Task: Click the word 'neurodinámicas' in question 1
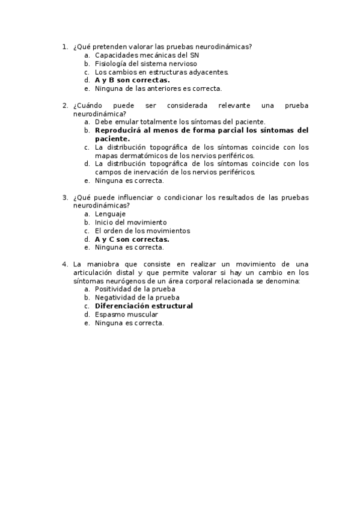(225, 46)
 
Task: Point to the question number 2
(65, 105)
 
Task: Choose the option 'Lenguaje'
(110, 214)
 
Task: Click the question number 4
(65, 264)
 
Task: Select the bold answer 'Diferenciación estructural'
(144, 306)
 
